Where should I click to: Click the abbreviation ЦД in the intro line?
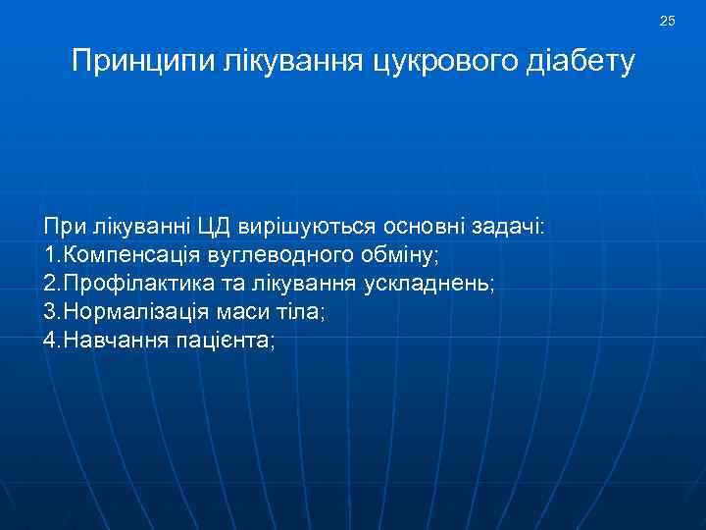coord(218,227)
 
